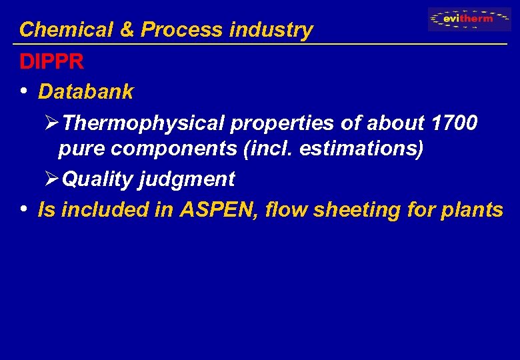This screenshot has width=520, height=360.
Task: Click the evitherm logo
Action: click(x=469, y=19)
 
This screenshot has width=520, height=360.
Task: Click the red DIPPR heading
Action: click(x=51, y=62)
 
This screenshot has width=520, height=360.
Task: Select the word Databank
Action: click(x=86, y=92)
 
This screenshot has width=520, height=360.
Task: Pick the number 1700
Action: click(x=454, y=123)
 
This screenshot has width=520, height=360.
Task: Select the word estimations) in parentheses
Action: click(x=361, y=149)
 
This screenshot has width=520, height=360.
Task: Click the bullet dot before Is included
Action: click(x=24, y=209)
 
